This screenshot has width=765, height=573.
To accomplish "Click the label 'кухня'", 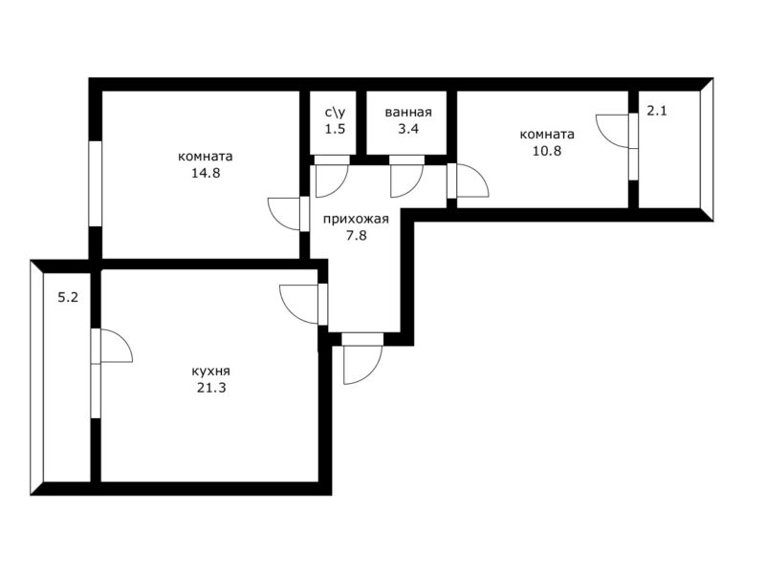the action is tap(210, 371).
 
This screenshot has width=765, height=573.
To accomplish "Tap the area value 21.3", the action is tap(211, 389).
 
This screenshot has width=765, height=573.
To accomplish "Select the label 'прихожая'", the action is tap(356, 220).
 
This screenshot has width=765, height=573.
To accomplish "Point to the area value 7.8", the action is tap(357, 236).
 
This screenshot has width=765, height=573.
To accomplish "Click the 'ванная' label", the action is tap(408, 113).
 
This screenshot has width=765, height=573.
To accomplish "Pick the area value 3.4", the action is tap(408, 129).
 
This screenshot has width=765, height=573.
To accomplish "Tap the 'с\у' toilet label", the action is tap(336, 113).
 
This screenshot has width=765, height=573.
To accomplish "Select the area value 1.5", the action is tap(336, 129).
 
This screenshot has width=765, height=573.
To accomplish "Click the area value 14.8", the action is tap(206, 173).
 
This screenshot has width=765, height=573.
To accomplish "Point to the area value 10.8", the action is tap(547, 151).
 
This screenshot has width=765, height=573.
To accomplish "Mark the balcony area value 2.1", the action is tap(657, 111).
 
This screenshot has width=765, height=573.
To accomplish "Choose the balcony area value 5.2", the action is tap(68, 297).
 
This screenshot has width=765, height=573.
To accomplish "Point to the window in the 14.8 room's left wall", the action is tap(95, 183).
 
